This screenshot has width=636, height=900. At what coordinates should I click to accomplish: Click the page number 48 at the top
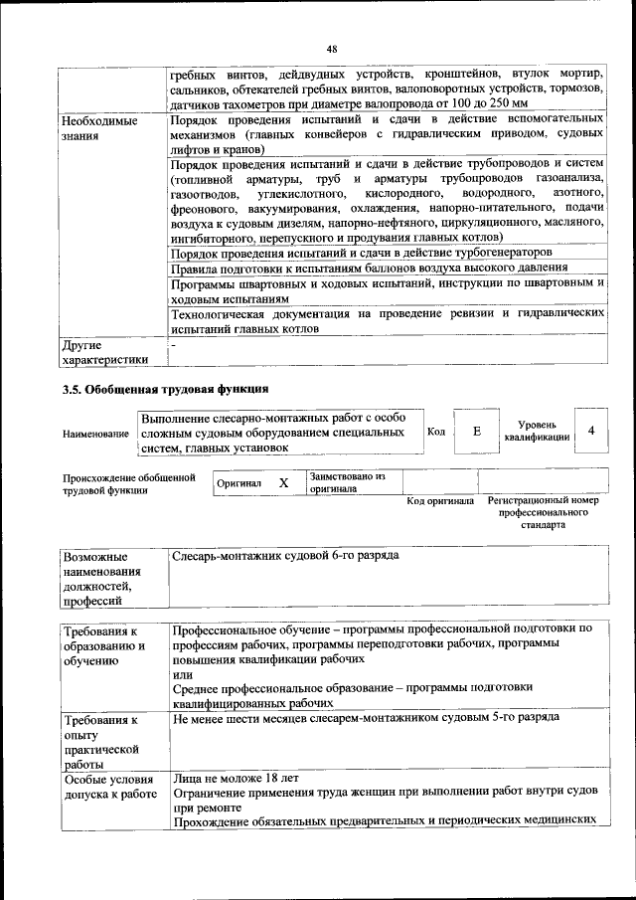[x=331, y=49]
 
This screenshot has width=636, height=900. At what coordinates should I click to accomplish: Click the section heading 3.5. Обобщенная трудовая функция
[x=166, y=388]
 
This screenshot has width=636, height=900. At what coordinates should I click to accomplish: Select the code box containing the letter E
[x=477, y=432]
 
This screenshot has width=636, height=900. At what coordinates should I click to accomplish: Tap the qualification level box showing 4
[x=592, y=431]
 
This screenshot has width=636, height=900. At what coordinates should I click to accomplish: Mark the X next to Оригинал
[x=283, y=482]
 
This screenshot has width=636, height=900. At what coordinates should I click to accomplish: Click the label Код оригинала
[x=440, y=501]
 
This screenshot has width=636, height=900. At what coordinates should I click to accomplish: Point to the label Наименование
[x=95, y=435]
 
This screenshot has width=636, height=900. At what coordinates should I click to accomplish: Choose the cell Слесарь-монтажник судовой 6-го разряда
[x=285, y=555]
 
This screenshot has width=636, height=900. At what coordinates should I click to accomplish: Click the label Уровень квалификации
[x=538, y=431]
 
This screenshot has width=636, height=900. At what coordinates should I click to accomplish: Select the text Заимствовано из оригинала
[x=347, y=482]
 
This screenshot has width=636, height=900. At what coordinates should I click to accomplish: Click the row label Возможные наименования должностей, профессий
[x=102, y=578]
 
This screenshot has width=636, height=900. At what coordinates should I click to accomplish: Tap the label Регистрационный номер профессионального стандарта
[x=544, y=512]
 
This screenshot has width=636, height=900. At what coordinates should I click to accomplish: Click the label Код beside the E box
[x=436, y=432]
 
